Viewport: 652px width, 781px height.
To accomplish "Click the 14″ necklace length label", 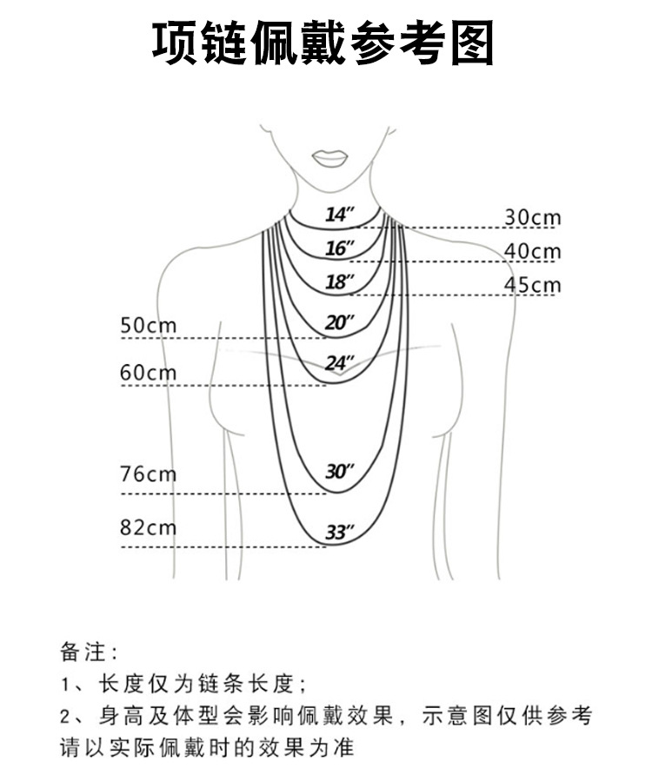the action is tap(341, 215).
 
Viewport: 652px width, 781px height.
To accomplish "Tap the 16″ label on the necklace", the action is tap(340, 248).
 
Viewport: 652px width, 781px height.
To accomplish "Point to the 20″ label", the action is tap(340, 323).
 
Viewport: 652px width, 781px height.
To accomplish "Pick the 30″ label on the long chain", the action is tap(340, 472).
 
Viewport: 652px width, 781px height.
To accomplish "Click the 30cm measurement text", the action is tap(532, 217).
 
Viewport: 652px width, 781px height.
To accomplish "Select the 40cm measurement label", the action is tap(532, 251).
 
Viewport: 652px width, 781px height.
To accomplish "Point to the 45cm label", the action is tap(532, 285).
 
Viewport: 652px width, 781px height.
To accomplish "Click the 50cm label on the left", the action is tap(148, 326).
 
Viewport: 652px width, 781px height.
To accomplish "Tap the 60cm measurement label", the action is tap(148, 373).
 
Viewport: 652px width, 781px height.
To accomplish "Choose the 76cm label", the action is tap(148, 474).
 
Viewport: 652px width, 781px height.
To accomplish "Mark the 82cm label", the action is tap(148, 527).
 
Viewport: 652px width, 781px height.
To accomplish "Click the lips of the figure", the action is tap(330, 158).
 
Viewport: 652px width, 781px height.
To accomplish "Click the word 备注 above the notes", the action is tap(83, 649).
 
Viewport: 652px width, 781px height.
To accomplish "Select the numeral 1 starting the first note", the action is tap(66, 683).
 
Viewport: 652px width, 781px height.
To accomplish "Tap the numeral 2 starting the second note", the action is tap(66, 717).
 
